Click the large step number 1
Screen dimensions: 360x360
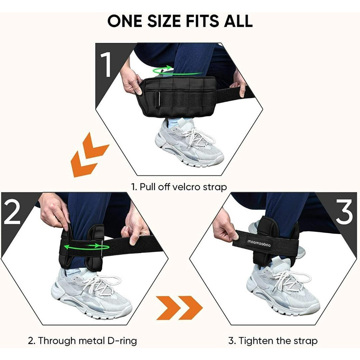pyautogui.click(x=106, y=64)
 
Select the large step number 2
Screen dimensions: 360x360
pyautogui.click(x=12, y=212)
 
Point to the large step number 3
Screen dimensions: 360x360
pyautogui.click(x=344, y=212)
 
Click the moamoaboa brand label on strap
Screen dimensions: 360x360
pyautogui.click(x=259, y=244)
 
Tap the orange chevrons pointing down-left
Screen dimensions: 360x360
pyautogui.click(x=90, y=155)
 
